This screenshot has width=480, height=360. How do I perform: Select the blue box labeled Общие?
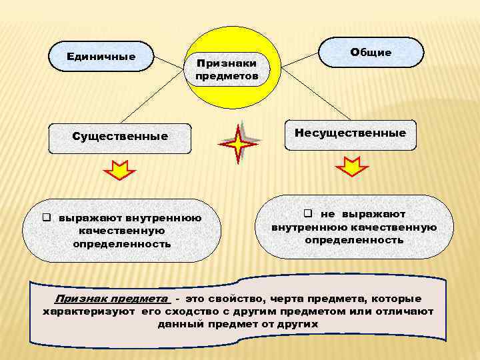(371, 52)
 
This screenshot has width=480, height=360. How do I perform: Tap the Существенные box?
(120, 137)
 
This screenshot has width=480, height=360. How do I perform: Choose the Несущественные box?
(350, 133)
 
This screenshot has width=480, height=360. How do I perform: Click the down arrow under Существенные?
(120, 172)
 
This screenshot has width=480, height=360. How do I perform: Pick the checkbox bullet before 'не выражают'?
(309, 214)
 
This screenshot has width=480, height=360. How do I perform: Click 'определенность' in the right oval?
(354, 239)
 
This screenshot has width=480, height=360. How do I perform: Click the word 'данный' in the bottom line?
(178, 325)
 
